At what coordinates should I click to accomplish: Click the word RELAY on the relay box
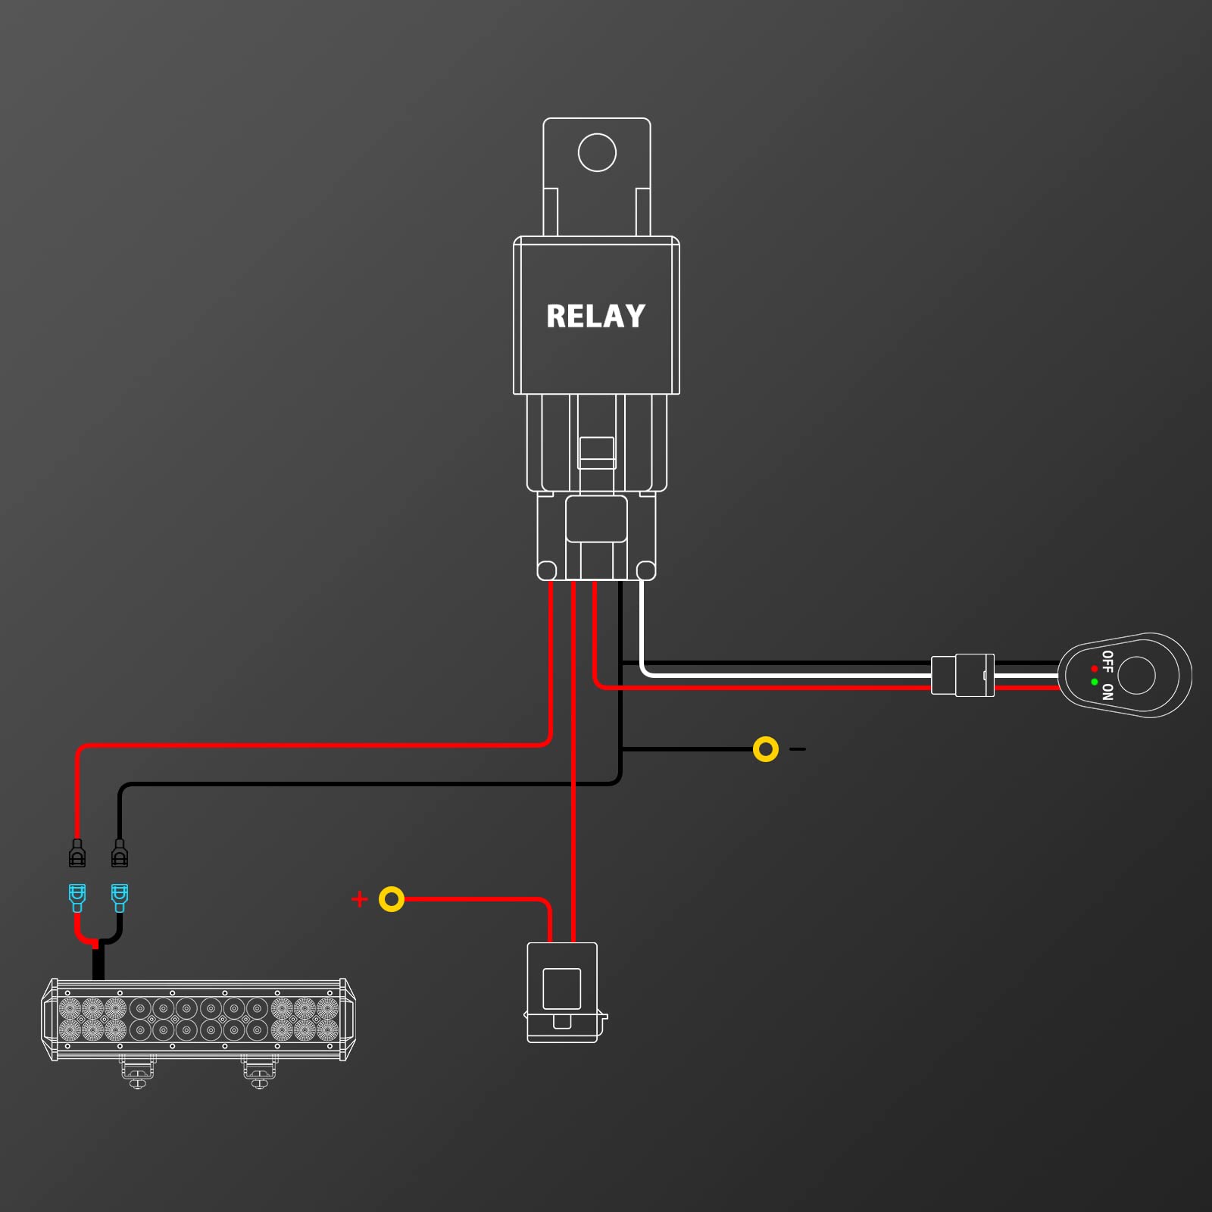pyautogui.click(x=595, y=317)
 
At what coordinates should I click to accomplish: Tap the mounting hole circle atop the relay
pyautogui.click(x=597, y=152)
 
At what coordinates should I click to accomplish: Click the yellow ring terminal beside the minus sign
pyautogui.click(x=766, y=749)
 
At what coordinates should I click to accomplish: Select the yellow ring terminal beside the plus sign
pyautogui.click(x=392, y=899)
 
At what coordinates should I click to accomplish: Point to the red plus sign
pyautogui.click(x=360, y=899)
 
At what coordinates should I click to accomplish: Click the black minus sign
pyautogui.click(x=798, y=749)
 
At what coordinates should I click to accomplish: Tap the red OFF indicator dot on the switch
pyautogui.click(x=1094, y=669)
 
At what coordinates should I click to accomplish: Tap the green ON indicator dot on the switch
pyautogui.click(x=1094, y=682)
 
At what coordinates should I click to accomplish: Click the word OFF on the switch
pyautogui.click(x=1107, y=661)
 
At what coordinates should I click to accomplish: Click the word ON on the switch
pyautogui.click(x=1107, y=692)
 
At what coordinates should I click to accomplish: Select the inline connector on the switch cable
pyautogui.click(x=963, y=675)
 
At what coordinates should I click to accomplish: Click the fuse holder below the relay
pyautogui.click(x=562, y=992)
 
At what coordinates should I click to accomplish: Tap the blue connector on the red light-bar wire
pyautogui.click(x=77, y=898)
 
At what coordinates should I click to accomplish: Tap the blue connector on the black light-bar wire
pyautogui.click(x=120, y=898)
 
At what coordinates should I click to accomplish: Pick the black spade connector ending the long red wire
pyautogui.click(x=77, y=854)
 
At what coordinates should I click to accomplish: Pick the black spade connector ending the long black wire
pyautogui.click(x=120, y=854)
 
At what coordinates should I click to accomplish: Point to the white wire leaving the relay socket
pyautogui.click(x=642, y=629)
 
